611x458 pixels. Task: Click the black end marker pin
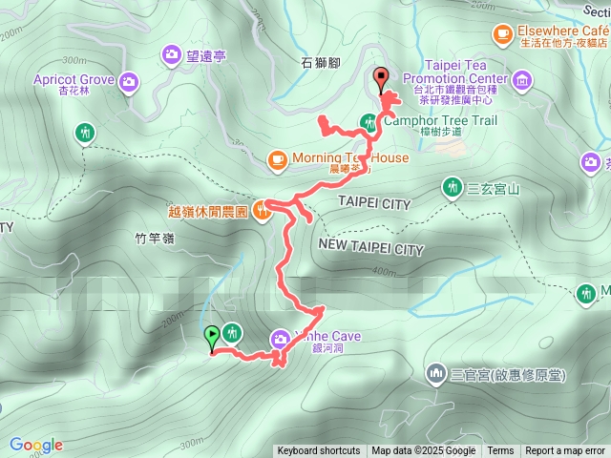click(382, 79)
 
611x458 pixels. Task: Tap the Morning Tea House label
click(350, 158)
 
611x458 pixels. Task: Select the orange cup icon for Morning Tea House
click(277, 158)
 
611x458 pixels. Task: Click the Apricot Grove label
click(74, 80)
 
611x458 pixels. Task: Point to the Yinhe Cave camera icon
click(281, 337)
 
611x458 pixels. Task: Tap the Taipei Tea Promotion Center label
click(460, 78)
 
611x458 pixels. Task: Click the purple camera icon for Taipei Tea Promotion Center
click(522, 78)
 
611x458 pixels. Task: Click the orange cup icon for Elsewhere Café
click(501, 33)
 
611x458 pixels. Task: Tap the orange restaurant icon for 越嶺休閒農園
click(263, 212)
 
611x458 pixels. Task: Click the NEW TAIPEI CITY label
click(369, 249)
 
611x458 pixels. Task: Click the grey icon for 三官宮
click(436, 371)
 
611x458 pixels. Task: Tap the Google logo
click(36, 445)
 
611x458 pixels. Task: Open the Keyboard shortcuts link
click(319, 451)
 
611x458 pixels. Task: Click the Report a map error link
click(565, 451)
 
